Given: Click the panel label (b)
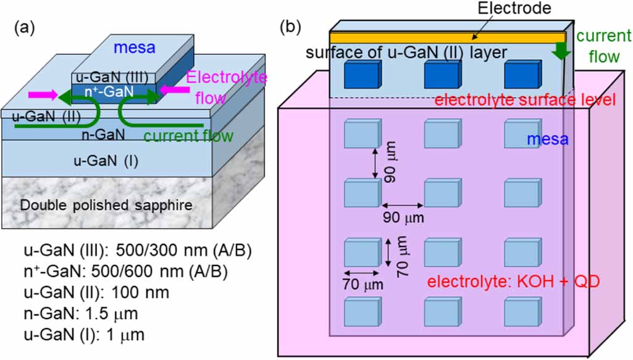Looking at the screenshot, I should pos(291,27).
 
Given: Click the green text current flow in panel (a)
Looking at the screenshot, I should pos(188,135).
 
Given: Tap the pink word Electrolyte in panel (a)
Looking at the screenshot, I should pos(226,78).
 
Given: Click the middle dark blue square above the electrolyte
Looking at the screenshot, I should pos(442,75).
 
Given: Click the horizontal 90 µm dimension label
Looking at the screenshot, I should pos(403,218).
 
